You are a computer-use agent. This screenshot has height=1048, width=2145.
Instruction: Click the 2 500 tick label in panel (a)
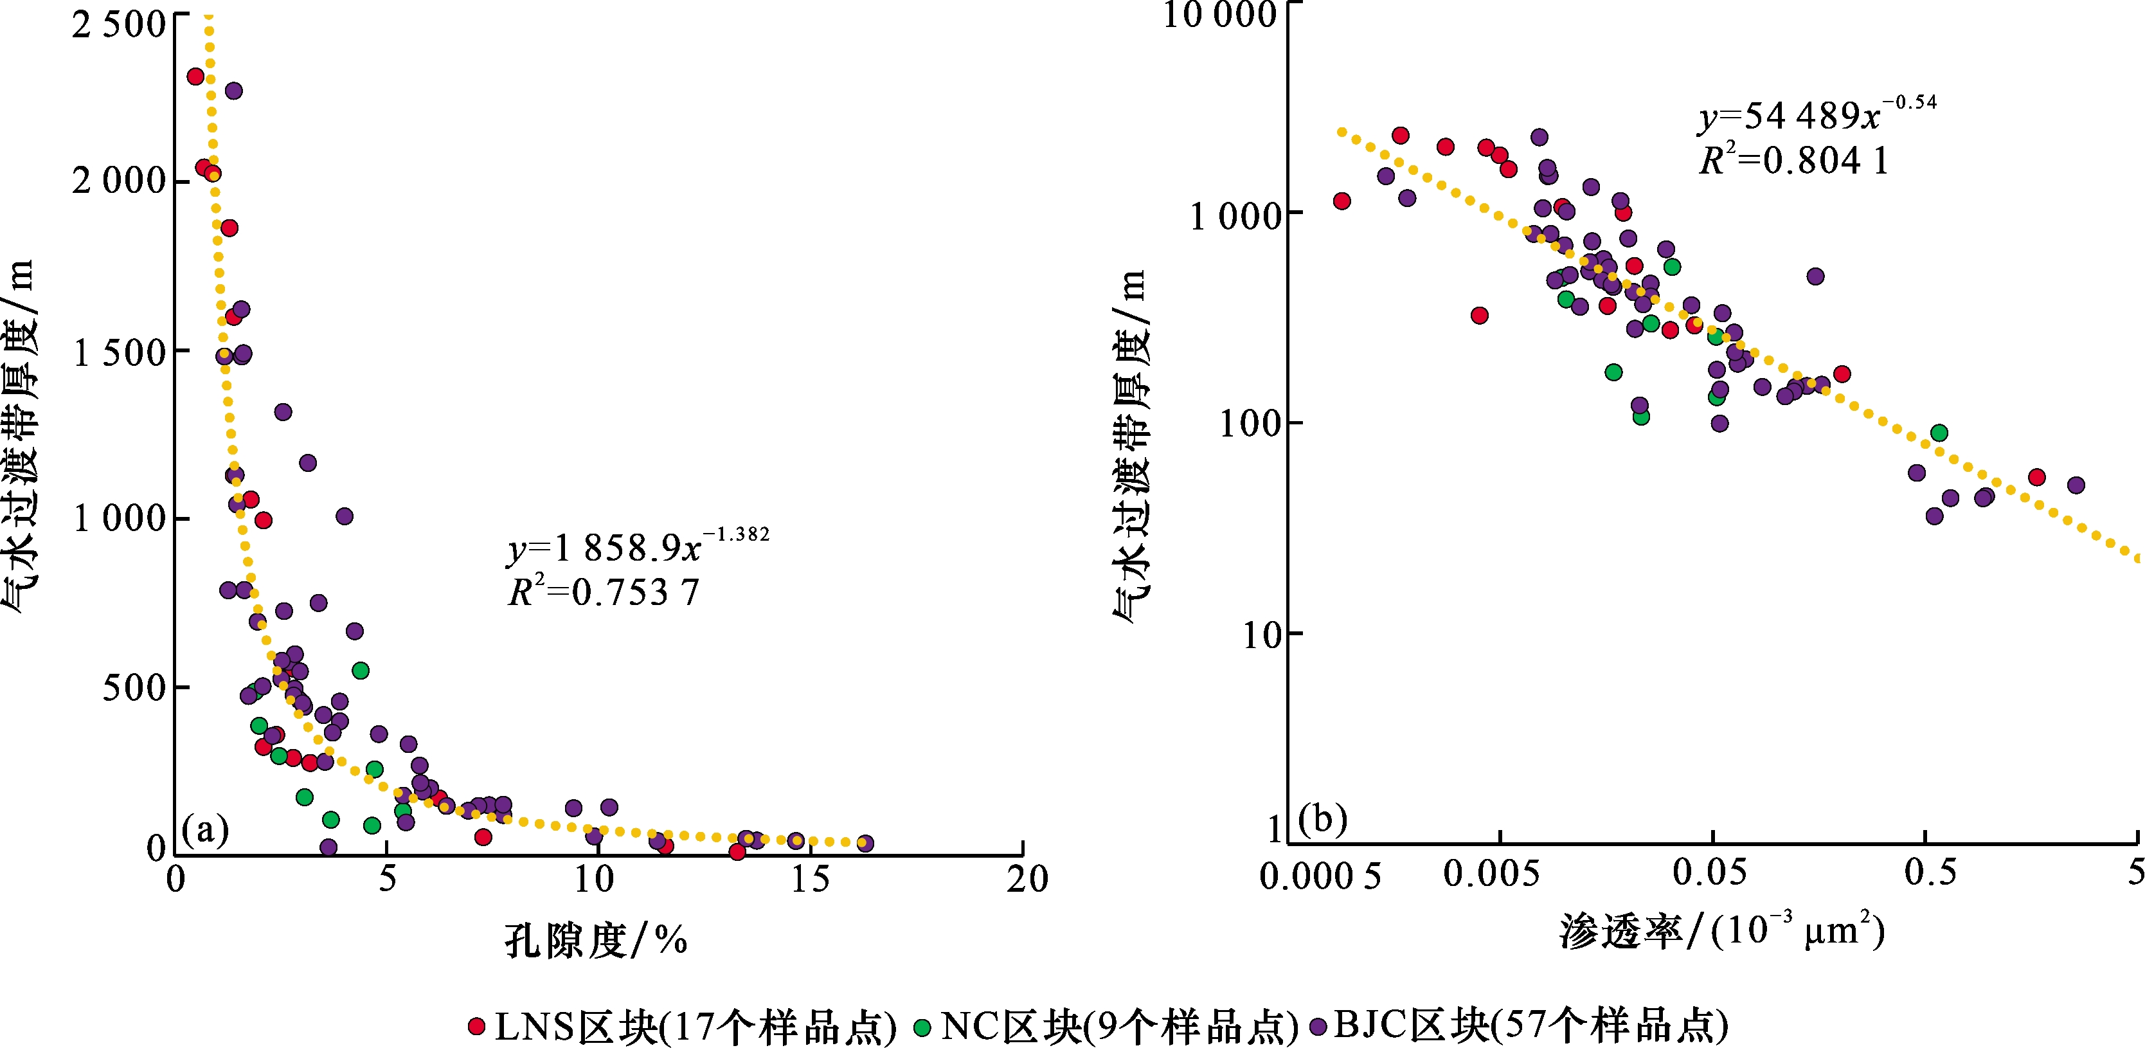click(x=118, y=25)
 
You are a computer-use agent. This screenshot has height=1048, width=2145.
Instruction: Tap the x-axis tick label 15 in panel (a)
click(x=810, y=880)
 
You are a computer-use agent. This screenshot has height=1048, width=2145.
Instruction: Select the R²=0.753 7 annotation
click(x=604, y=592)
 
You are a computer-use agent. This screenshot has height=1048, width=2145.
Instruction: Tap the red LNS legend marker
click(x=477, y=1026)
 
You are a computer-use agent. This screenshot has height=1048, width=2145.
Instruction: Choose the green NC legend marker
click(x=922, y=1026)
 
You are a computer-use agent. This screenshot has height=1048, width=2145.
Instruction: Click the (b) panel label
click(x=1322, y=819)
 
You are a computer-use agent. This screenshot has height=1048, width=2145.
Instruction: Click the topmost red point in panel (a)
click(x=195, y=77)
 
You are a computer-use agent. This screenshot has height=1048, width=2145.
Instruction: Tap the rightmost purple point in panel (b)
click(x=2076, y=485)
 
